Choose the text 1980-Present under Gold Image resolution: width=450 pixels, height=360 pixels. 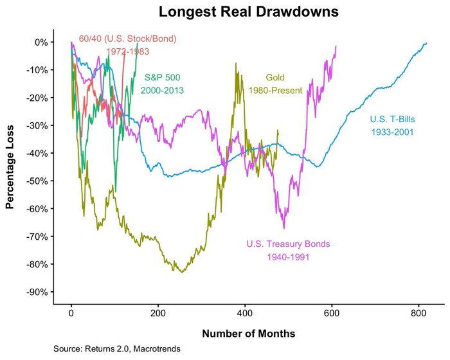275,91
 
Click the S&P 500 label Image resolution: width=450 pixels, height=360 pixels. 162,77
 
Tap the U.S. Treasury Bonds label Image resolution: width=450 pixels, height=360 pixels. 288,244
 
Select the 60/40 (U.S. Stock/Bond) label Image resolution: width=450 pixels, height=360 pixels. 127,39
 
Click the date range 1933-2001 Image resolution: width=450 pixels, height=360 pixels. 391,132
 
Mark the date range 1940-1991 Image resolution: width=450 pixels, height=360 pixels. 288,257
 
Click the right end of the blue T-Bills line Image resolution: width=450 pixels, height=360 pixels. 426,43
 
